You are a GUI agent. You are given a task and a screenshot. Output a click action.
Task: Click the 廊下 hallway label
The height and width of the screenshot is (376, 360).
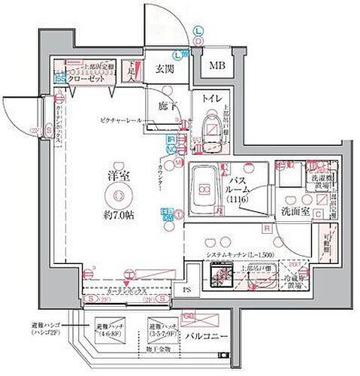click(x=168, y=107)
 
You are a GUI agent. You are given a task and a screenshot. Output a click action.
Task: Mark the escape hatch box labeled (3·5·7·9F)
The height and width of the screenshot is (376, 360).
click(x=162, y=329)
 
